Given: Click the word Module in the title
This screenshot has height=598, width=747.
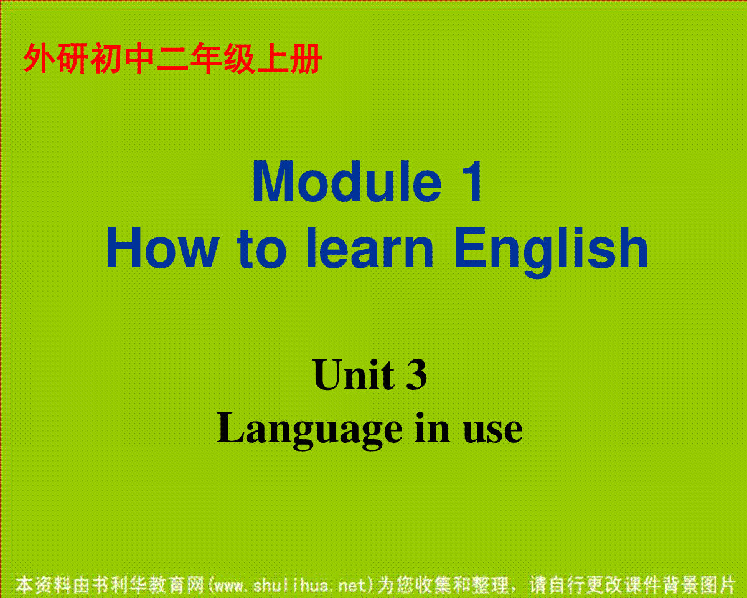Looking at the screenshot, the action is (347, 181).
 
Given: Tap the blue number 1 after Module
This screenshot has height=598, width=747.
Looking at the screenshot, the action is (472, 181).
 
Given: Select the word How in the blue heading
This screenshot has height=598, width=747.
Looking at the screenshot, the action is (162, 247).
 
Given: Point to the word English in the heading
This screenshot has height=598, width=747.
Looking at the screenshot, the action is (552, 252).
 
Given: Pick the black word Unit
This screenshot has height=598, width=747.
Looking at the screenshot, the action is (354, 375).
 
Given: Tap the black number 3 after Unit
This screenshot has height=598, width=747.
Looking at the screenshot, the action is (416, 375).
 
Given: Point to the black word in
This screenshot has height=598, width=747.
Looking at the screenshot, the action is (432, 428).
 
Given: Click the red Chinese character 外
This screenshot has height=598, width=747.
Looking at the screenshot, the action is (39, 59).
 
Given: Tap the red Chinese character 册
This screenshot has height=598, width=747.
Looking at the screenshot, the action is (306, 59).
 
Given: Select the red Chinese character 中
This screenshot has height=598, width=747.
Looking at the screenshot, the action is (139, 59).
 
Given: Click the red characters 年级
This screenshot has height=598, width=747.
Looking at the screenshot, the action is (222, 59).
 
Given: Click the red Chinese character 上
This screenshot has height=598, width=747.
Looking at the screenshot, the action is (272, 59).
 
